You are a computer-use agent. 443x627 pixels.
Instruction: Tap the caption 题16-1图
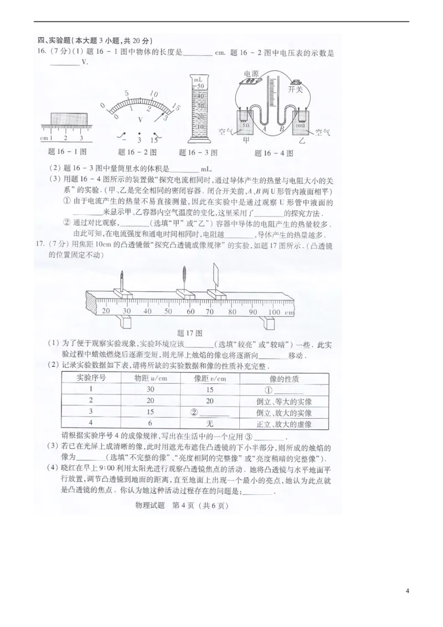(63, 151)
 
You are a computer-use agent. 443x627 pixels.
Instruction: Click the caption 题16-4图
(274, 153)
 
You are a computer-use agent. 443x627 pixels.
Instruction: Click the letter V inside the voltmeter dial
(140, 119)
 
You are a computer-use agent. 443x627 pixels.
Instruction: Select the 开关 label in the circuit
(296, 90)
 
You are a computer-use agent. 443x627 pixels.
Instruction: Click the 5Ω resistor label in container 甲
(246, 126)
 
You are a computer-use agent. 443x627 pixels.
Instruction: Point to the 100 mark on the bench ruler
(274, 312)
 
